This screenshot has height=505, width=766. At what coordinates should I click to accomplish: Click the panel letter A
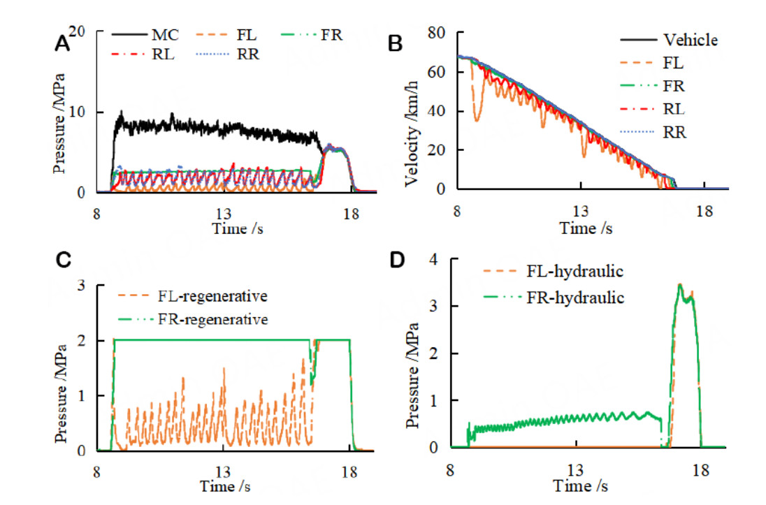[62, 44]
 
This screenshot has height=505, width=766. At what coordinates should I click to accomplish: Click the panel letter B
[395, 43]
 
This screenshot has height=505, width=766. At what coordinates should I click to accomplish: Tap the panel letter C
[62, 260]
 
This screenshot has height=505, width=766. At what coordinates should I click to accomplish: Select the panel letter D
[396, 260]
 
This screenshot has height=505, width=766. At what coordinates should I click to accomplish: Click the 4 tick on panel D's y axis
[439, 259]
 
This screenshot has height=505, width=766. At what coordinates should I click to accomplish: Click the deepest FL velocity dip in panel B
[477, 121]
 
